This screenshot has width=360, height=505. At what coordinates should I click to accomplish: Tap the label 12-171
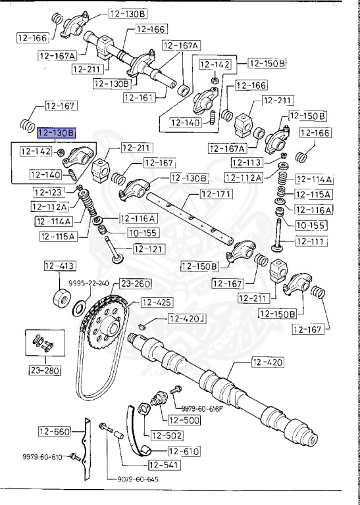(x=216, y=194)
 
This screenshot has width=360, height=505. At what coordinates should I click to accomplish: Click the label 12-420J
(x=186, y=319)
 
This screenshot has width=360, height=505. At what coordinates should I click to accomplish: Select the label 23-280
(x=44, y=370)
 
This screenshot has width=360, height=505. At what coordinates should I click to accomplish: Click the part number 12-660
(x=53, y=431)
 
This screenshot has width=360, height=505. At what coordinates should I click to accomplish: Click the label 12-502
(x=167, y=435)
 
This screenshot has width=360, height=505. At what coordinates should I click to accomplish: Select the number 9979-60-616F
(x=202, y=408)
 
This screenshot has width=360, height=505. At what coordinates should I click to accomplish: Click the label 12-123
(x=49, y=192)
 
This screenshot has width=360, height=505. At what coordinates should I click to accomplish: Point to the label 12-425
(x=157, y=303)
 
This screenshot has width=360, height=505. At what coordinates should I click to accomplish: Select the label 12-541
(x=163, y=465)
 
